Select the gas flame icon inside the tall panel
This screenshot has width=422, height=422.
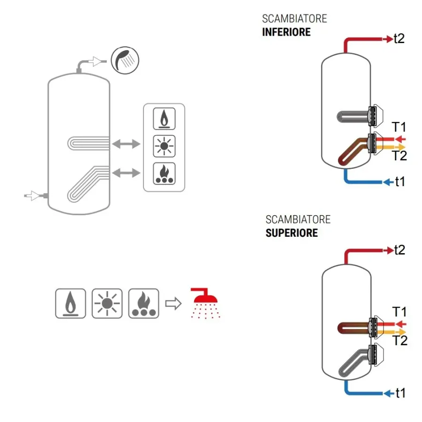point(164,118)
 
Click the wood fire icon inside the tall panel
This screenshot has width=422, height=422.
point(164,174)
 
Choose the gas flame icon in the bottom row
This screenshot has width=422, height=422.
point(70,303)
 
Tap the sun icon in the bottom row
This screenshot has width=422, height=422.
point(107,303)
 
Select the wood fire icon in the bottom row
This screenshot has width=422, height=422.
point(143,303)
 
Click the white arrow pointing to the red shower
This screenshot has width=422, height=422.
point(174,303)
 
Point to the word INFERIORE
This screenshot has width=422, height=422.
point(286,32)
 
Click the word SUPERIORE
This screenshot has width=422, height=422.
point(291,233)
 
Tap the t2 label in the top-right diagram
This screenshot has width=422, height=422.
point(399,39)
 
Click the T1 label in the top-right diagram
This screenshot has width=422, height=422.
point(399,127)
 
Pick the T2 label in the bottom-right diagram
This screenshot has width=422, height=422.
point(400,341)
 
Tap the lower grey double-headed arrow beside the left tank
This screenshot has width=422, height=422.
point(126,173)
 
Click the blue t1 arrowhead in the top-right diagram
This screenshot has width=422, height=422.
point(387,182)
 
